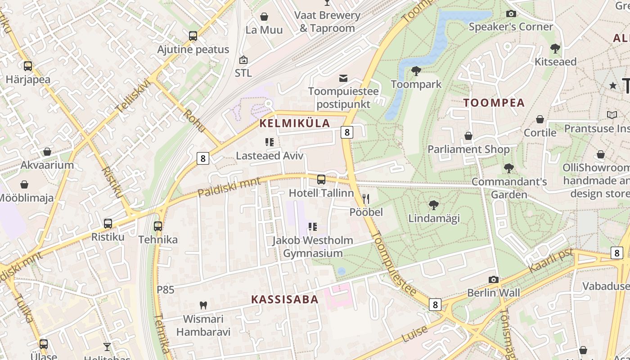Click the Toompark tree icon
[x=416, y=71]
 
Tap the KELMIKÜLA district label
[x=295, y=123]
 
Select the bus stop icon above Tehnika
[x=157, y=226]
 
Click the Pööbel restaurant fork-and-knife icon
[x=366, y=198]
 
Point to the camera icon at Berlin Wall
[x=494, y=279]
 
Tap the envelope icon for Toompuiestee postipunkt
[x=343, y=78]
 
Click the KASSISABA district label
[x=284, y=299]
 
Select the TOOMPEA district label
[x=494, y=103]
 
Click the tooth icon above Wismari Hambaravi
[x=203, y=305]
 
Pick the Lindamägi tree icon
[x=434, y=205]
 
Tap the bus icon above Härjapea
[x=28, y=66]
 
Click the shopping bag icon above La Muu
[x=264, y=17]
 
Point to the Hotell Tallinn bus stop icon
[x=321, y=180]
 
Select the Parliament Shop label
[x=468, y=149]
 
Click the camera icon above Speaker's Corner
[x=511, y=13]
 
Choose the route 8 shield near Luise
[x=435, y=305]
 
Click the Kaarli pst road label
[x=551, y=261]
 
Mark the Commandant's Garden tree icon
[x=509, y=168]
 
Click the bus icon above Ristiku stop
[x=108, y=223]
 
